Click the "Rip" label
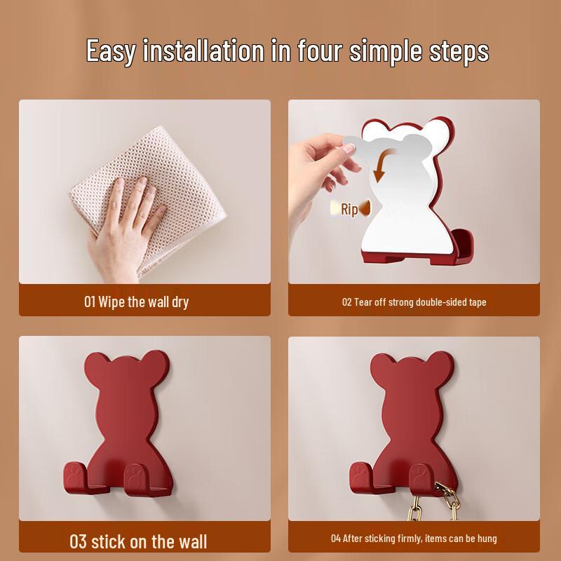349,209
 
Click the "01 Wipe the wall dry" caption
136,302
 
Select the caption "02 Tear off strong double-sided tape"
414,302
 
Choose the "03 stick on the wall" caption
138,541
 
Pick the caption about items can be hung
414,539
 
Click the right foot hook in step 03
136,482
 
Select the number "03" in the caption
78,541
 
